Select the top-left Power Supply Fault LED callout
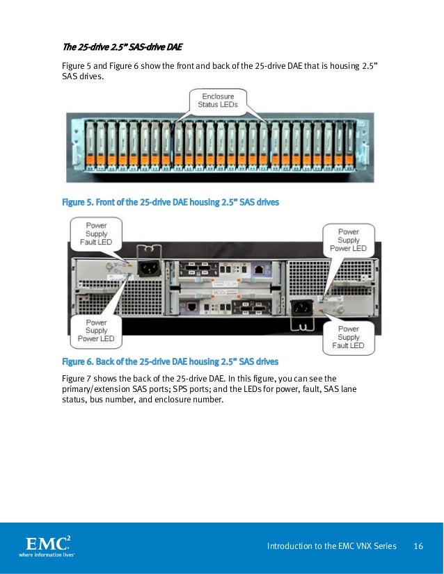tap(96, 236)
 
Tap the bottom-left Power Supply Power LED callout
tap(96, 332)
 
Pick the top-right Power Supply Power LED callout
tap(347, 240)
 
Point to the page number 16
tap(418, 546)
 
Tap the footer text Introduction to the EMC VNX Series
tap(331, 546)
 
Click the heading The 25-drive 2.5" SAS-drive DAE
tap(122, 48)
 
